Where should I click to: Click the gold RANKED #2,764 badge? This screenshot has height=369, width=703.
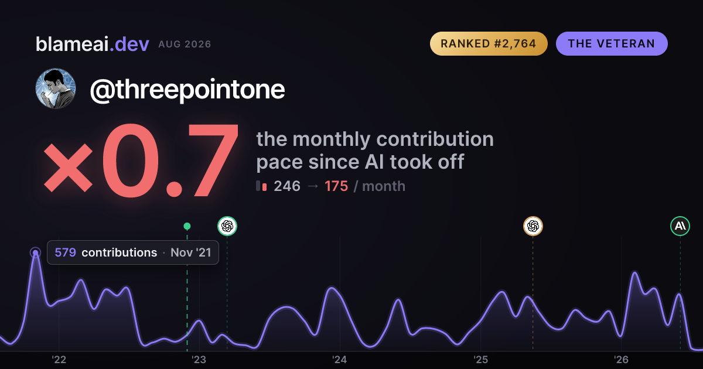(x=489, y=43)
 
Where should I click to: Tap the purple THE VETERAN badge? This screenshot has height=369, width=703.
(x=612, y=43)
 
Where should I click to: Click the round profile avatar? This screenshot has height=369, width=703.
(x=56, y=88)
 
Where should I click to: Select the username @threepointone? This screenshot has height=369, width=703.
(x=187, y=90)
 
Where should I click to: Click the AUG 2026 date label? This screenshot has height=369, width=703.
(x=185, y=45)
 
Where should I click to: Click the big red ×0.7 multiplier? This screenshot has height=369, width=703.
(x=141, y=160)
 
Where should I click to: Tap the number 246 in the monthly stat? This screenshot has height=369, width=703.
(x=287, y=186)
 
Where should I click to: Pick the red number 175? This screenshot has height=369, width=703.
(x=336, y=186)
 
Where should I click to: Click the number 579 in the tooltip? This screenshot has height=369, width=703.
(x=65, y=252)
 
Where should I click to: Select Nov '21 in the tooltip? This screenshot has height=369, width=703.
(x=191, y=252)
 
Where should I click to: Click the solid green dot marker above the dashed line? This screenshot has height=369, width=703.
(x=187, y=226)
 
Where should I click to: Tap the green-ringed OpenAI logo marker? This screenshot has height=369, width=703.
(x=227, y=226)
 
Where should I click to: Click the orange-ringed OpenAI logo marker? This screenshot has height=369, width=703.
(x=533, y=226)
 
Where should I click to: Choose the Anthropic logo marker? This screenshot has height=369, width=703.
(x=680, y=226)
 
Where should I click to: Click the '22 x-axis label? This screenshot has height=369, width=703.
(x=59, y=360)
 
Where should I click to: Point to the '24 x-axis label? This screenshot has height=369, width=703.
(x=340, y=360)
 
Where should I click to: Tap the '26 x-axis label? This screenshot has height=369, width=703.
(x=621, y=360)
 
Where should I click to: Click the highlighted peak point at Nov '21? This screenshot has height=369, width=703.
(x=36, y=252)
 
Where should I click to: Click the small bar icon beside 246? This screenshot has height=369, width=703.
(x=261, y=186)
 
